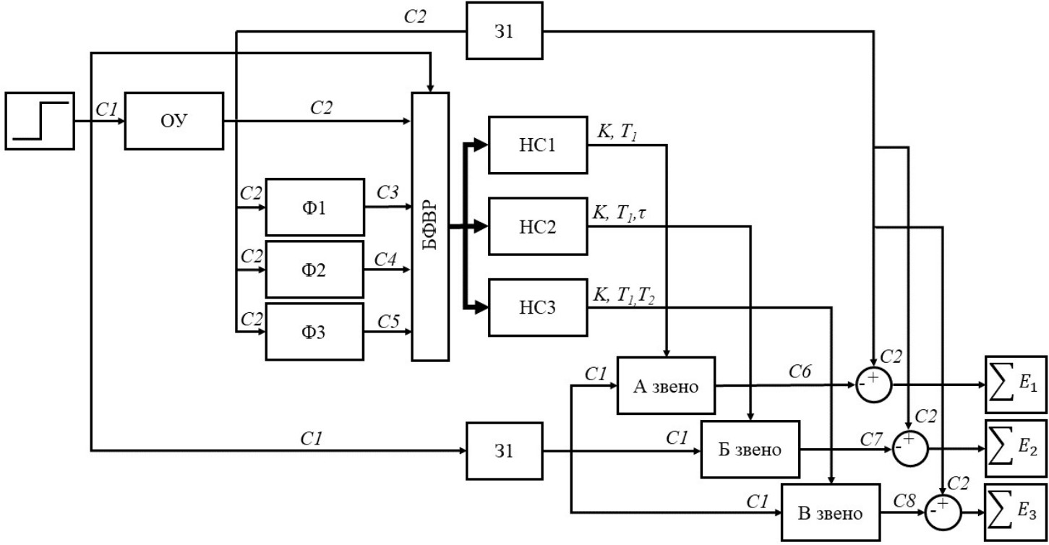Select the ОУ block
tap(174, 121)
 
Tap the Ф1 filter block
tap(314, 207)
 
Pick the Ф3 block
tap(314, 332)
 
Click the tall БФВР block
tap(430, 226)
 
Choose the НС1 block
tap(538, 145)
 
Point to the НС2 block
tap(538, 226)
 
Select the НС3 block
tap(538, 307)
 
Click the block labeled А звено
tap(665, 385)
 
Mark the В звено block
tap(830, 512)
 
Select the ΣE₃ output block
tap(1015, 512)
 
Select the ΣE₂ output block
tap(1015, 448)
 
